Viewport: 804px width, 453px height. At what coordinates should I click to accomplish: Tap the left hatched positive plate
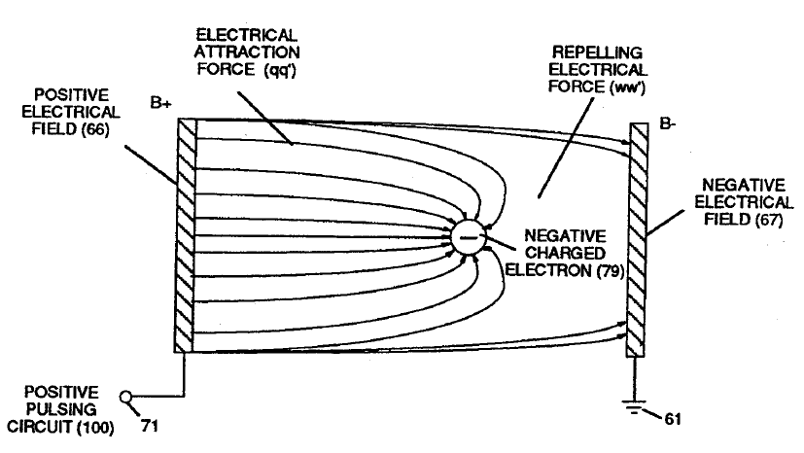pyautogui.click(x=186, y=234)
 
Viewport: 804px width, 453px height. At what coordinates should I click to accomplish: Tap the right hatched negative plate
pyautogui.click(x=637, y=239)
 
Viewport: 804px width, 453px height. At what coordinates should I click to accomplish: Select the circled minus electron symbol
pyautogui.click(x=468, y=236)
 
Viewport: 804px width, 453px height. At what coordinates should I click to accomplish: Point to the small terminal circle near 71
pyautogui.click(x=124, y=396)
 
